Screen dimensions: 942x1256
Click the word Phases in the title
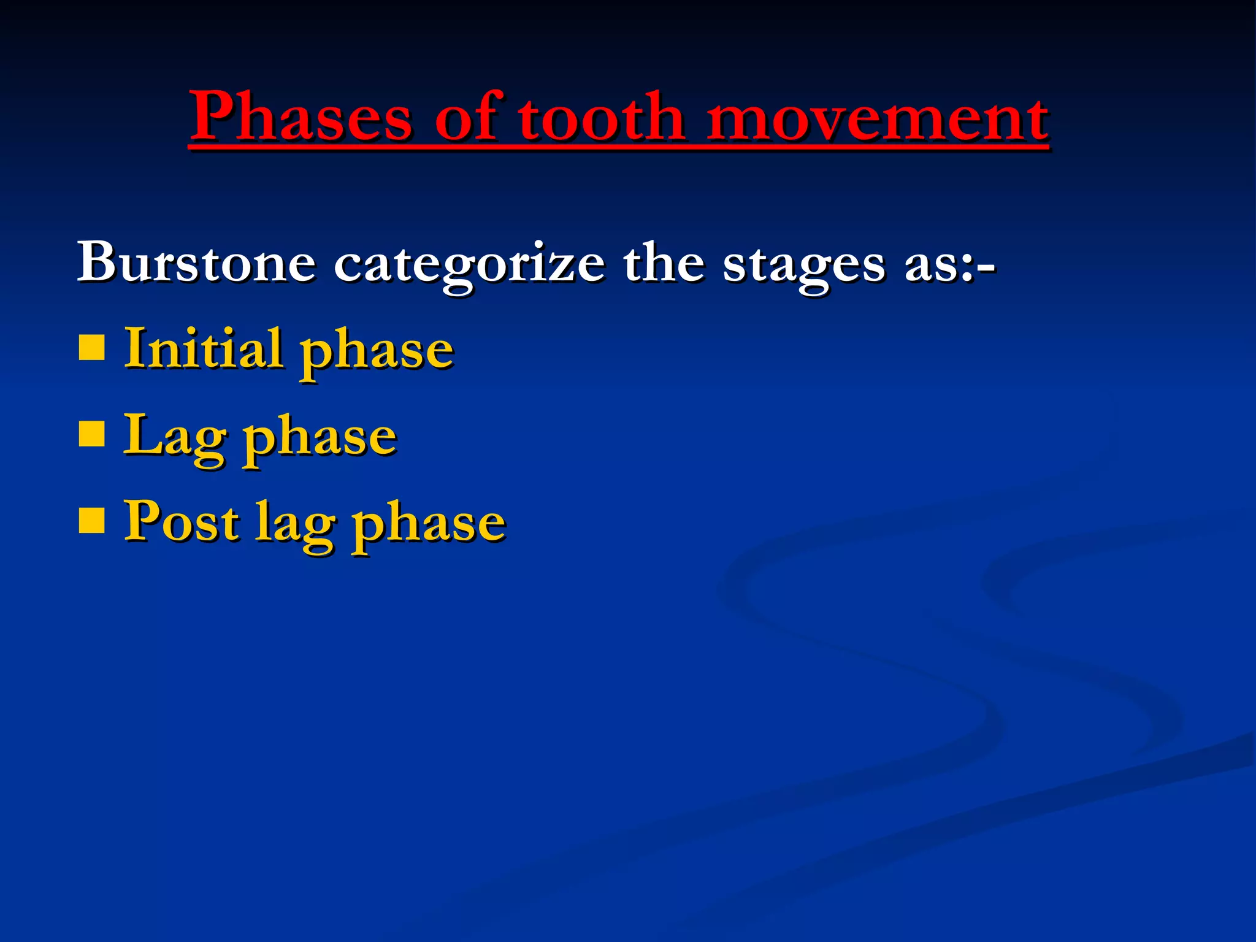(x=301, y=117)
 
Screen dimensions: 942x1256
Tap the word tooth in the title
(x=601, y=117)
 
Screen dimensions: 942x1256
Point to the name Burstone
(x=196, y=262)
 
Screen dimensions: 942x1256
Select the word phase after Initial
(x=377, y=352)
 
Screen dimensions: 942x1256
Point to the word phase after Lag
(x=320, y=439)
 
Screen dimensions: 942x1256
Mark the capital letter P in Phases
(x=212, y=115)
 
